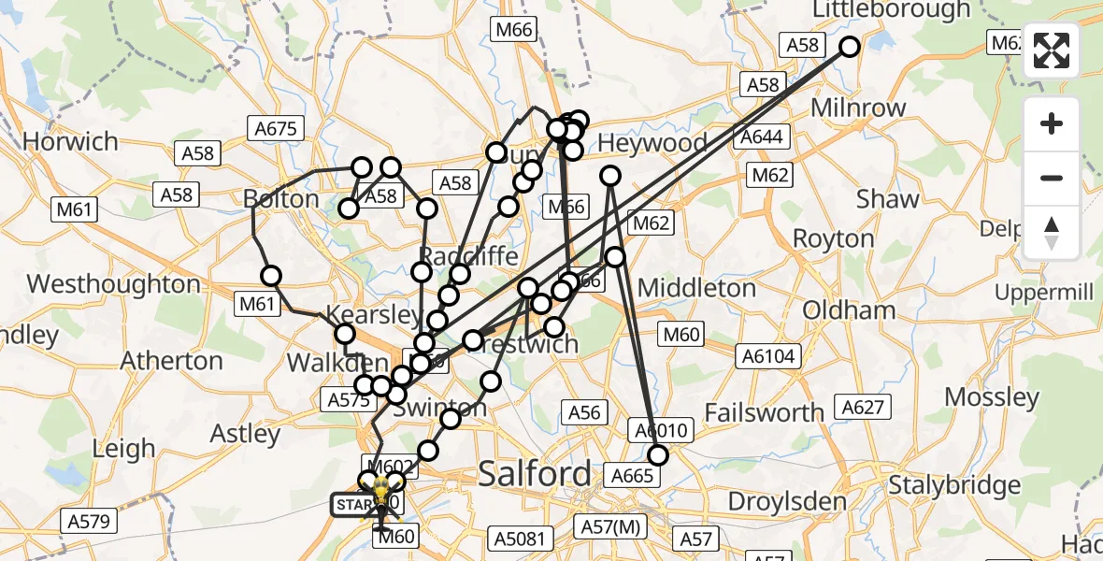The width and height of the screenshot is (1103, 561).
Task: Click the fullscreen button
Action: [x=1052, y=51]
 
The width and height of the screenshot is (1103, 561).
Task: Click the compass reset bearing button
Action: [x=1052, y=232]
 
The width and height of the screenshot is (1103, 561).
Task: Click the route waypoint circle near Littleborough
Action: [x=850, y=47]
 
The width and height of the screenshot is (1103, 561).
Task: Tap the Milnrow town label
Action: [x=858, y=108]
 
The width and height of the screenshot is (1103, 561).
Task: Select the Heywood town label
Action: [x=652, y=143]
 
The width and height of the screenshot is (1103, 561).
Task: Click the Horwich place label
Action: [x=70, y=142]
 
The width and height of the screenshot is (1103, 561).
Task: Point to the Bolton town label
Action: [x=280, y=198]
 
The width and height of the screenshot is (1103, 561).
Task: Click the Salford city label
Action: [x=535, y=474]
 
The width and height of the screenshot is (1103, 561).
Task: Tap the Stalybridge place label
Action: [x=953, y=485]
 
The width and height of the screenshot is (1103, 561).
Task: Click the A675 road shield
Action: [x=275, y=128]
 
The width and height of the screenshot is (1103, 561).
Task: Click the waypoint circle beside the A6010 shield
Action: [x=658, y=456]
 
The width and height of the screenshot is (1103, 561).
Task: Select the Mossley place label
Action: [x=992, y=396]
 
